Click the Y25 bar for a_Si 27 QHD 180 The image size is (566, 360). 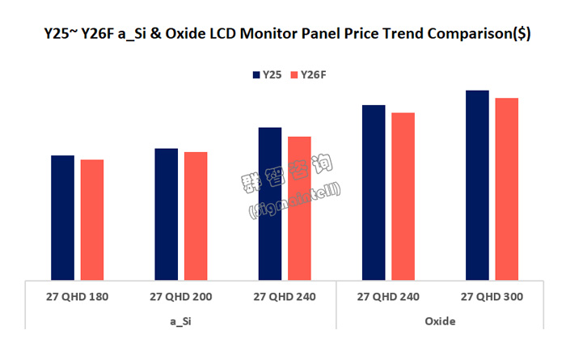coord(62,218)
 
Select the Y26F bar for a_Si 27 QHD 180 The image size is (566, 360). coord(91,220)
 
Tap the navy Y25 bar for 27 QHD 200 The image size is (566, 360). coord(166,214)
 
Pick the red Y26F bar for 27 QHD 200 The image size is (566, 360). coord(196,216)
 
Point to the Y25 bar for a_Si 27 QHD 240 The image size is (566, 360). coord(269,204)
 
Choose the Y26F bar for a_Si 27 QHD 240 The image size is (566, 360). coord(299,209)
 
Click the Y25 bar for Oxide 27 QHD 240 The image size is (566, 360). coord(374,193)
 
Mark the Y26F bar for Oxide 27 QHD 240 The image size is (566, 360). coord(403,197)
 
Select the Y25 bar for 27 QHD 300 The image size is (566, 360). coord(477,185)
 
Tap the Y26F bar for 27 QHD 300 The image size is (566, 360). coord(506,189)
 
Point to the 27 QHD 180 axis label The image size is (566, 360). coord(77,297)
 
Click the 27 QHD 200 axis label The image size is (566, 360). coord(180,297)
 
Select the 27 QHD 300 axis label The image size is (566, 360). coord(492,297)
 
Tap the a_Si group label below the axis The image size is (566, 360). coord(180,321)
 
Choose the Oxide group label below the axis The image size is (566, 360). coord(440,321)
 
